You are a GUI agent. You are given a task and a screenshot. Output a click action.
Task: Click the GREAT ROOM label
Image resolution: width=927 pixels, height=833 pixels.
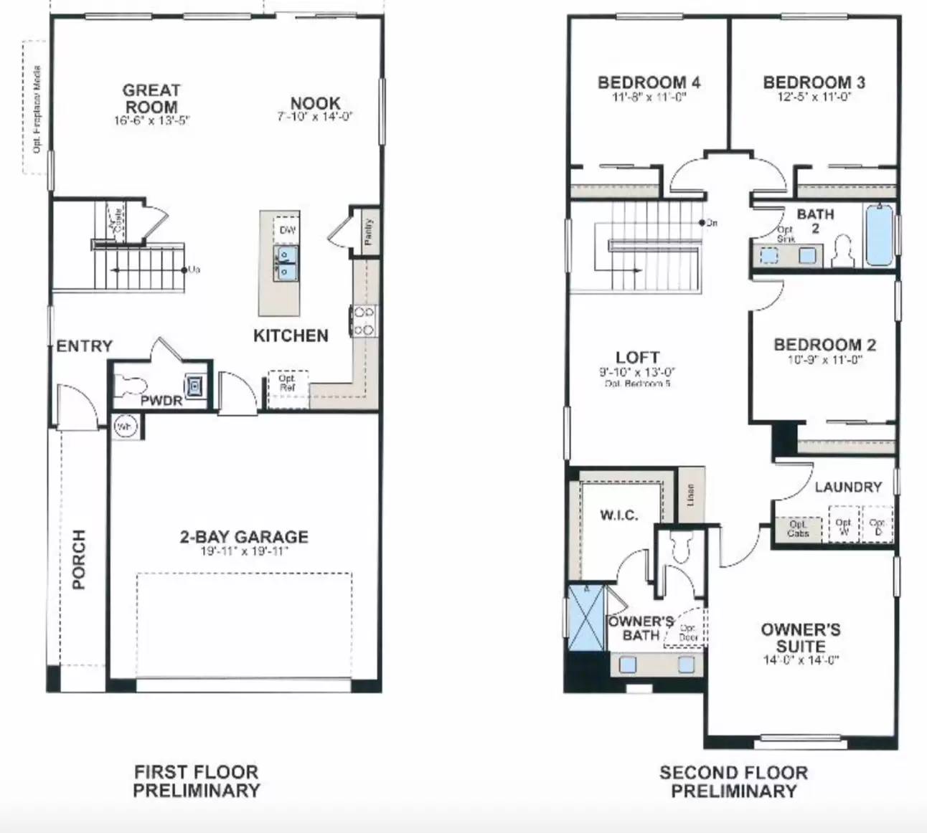[151, 98]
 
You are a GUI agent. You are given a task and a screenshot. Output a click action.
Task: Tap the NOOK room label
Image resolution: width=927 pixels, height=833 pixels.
[315, 103]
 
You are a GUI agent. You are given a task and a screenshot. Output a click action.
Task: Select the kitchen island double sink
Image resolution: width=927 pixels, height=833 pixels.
[286, 262]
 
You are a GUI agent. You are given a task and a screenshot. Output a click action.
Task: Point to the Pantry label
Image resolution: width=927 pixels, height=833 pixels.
[368, 232]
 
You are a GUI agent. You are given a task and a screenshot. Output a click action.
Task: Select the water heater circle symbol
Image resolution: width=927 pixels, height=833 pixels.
[124, 427]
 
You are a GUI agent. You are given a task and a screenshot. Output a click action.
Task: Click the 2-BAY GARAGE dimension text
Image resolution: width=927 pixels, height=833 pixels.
[244, 551]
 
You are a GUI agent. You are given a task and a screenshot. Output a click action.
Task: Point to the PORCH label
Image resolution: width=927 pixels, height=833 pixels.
[78, 559]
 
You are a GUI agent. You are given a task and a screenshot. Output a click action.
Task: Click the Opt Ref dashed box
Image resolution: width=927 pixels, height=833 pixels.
[288, 383]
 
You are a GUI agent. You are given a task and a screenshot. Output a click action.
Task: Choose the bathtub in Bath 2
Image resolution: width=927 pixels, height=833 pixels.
[879, 235]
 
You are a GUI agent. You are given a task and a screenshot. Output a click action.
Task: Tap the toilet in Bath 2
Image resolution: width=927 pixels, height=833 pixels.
[844, 252]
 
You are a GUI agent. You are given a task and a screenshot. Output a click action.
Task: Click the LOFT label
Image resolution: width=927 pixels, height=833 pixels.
[637, 357]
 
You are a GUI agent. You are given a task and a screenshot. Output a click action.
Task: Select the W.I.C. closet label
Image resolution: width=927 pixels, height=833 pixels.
[618, 515]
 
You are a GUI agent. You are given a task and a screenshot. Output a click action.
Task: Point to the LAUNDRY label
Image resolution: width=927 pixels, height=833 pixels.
[848, 487]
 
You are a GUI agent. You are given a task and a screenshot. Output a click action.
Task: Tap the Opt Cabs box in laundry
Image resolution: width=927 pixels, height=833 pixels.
[797, 529]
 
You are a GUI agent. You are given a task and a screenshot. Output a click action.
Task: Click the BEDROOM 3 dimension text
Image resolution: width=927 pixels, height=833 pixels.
[814, 97]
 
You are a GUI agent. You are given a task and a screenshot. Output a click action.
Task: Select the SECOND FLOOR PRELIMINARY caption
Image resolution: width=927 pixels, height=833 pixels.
[733, 781]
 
